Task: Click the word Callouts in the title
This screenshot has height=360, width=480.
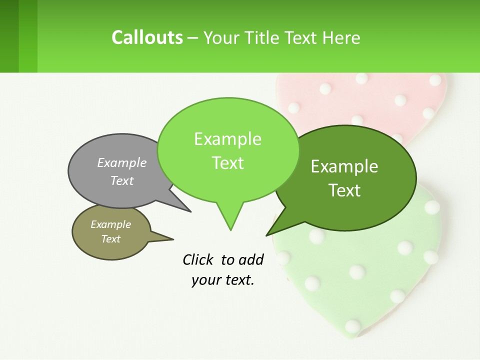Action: point(147,37)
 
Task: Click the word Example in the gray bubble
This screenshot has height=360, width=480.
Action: point(121,162)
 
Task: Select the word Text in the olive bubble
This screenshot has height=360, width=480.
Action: point(110,239)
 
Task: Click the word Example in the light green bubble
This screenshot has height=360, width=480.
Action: point(227,139)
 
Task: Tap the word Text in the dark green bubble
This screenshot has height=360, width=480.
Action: point(344,190)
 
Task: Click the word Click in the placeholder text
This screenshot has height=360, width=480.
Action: point(198,259)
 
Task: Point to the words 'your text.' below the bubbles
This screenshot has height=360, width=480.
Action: point(223,280)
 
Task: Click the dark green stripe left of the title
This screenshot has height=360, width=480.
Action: point(9,36)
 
